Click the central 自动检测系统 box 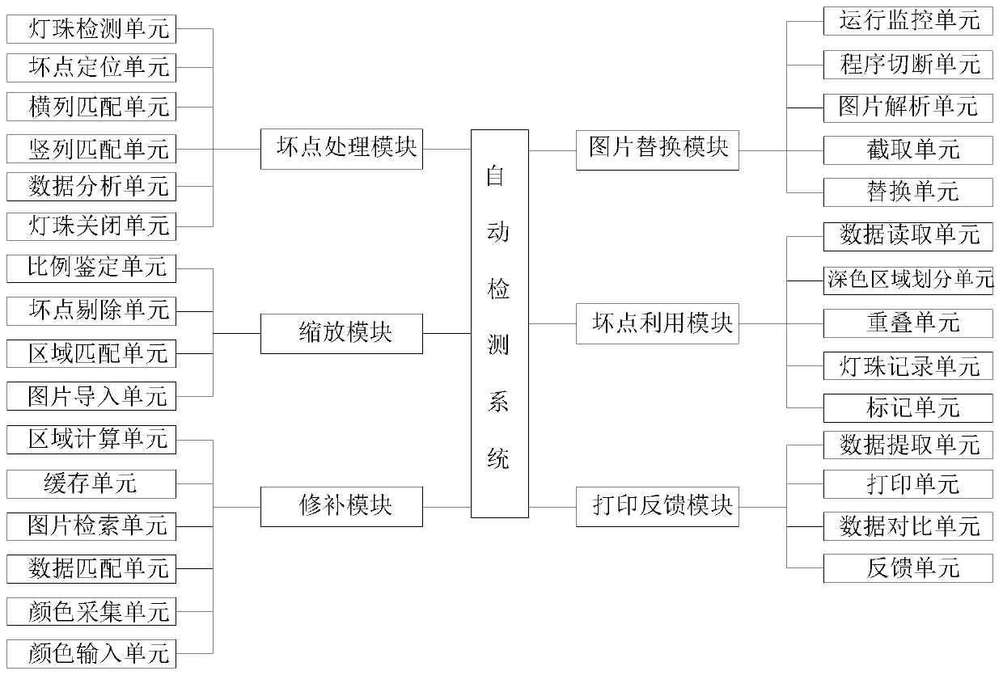(500, 323)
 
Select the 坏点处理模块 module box (341, 150)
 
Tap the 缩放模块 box (341, 333)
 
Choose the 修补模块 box (341, 507)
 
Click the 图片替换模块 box (657, 150)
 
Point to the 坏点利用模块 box (657, 324)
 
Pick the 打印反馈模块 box (657, 507)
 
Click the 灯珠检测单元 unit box (91, 30)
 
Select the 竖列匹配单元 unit (91, 149)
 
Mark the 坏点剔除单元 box (91, 310)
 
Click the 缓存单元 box (91, 484)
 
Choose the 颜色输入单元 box (91, 652)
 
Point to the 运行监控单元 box (908, 21)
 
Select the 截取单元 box (908, 150)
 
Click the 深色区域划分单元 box (908, 281)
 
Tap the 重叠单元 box (908, 323)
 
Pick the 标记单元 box (908, 408)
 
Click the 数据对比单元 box (908, 526)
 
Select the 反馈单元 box (908, 568)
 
